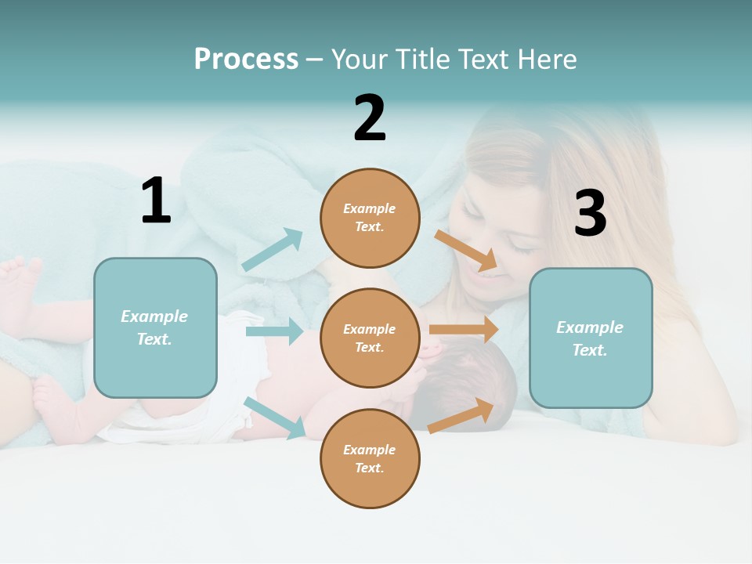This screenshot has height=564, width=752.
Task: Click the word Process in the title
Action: click(x=246, y=60)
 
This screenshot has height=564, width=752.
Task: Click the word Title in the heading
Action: click(x=421, y=60)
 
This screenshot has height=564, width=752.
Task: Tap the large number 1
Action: click(x=156, y=201)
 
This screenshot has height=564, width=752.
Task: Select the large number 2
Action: click(x=370, y=118)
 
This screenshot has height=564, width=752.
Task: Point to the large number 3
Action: click(x=590, y=214)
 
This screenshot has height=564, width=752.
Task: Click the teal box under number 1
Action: click(x=155, y=327)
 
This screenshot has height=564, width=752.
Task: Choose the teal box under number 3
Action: click(x=591, y=338)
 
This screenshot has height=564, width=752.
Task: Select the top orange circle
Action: click(x=370, y=218)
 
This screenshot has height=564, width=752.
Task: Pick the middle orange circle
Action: click(x=370, y=338)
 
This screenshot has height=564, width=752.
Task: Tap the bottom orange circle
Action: click(x=370, y=458)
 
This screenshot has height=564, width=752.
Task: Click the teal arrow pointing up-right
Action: click(x=273, y=250)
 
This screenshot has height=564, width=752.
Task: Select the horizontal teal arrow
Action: click(x=274, y=331)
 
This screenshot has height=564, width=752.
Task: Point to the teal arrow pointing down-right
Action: click(x=274, y=418)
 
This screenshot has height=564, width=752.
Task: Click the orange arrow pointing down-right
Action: click(x=466, y=251)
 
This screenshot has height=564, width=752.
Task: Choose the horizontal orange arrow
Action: click(x=464, y=329)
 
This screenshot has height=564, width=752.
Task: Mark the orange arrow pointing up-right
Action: click(x=461, y=415)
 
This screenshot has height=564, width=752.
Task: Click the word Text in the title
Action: click(x=486, y=60)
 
